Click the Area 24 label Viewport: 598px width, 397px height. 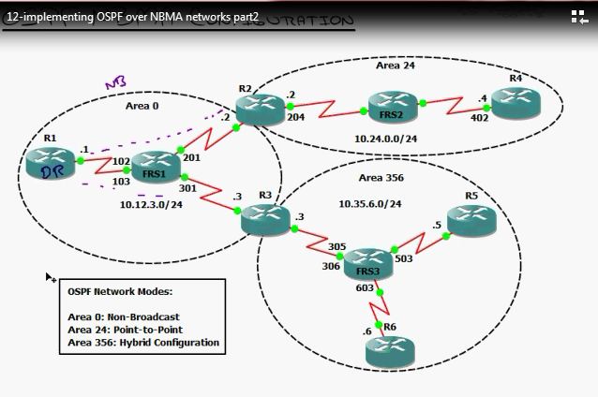395,66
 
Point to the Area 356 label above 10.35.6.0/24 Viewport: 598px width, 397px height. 384,177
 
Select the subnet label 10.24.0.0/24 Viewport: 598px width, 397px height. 385,139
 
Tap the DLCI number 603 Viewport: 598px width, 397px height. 365,288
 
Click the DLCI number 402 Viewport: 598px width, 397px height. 479,118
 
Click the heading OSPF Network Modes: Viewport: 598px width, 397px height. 120,292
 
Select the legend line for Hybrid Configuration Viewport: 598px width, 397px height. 143,343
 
